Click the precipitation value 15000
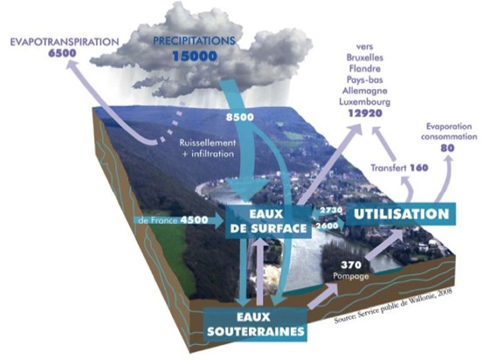click(x=195, y=56)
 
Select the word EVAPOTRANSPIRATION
click(x=65, y=42)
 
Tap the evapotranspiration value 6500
click(x=62, y=53)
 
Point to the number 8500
click(x=240, y=117)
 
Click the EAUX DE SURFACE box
click(x=268, y=221)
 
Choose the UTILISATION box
click(x=401, y=214)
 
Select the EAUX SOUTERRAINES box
click(x=256, y=324)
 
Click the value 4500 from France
click(x=194, y=220)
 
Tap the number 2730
click(x=331, y=211)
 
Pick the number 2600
click(x=327, y=225)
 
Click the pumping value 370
click(x=351, y=264)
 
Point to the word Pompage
click(x=351, y=276)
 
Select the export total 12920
click(x=365, y=114)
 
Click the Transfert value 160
click(x=419, y=168)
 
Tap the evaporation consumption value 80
click(x=447, y=149)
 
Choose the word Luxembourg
click(x=365, y=101)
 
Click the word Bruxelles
click(x=365, y=58)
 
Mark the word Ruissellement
click(x=208, y=142)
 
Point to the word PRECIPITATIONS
click(x=194, y=41)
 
